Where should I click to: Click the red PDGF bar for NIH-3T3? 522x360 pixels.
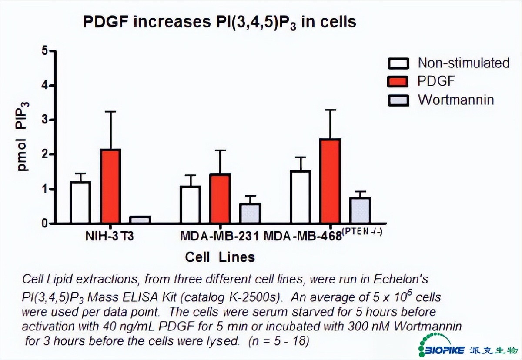110,186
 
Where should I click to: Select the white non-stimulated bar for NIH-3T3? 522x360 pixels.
80,203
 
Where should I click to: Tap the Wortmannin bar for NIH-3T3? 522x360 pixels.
140,220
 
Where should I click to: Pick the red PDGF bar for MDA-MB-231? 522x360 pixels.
220,199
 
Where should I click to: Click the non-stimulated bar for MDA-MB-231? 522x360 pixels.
190,205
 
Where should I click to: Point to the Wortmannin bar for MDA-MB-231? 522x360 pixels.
250,213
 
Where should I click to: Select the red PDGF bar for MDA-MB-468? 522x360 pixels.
330,181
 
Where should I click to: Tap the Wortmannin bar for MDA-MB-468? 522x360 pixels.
360,210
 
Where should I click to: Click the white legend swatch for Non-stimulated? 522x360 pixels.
398,63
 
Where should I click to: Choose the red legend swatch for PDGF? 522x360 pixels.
398,82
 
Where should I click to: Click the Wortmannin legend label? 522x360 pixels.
456,100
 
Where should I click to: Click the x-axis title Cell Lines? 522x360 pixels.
220,257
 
